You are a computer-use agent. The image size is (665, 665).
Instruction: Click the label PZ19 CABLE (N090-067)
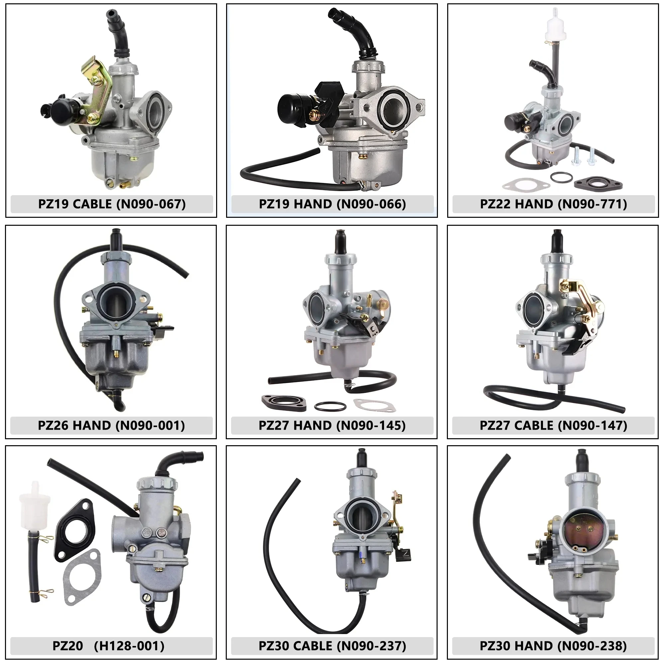pos(112,204)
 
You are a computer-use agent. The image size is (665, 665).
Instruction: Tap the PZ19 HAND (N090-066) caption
pos(332,204)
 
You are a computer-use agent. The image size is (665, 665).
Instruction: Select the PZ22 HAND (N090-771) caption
pos(554,204)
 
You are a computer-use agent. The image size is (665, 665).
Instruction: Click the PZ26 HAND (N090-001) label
pos(111,426)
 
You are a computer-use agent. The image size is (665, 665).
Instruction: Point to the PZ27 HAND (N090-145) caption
pos(332,426)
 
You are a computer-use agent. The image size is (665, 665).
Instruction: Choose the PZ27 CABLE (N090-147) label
pos(554,426)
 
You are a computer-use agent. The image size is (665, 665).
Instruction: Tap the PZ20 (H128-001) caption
pos(108,646)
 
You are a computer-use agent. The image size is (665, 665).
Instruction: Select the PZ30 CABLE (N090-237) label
pos(332,646)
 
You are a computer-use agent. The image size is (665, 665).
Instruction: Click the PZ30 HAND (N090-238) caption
pos(554,646)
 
